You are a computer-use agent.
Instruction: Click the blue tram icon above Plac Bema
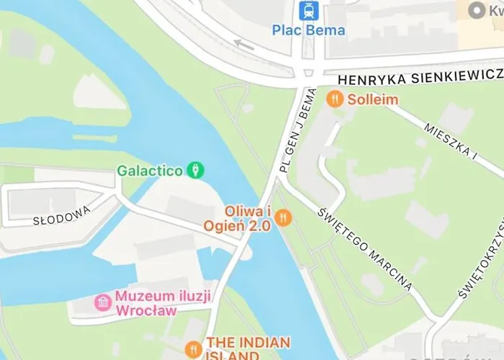[309, 11]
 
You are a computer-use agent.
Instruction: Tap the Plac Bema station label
[309, 30]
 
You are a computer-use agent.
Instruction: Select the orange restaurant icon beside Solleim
[335, 99]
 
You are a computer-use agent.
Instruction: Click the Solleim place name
[373, 99]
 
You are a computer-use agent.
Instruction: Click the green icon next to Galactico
[195, 170]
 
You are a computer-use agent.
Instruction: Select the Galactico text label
[150, 171]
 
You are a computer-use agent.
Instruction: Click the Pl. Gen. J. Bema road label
[297, 130]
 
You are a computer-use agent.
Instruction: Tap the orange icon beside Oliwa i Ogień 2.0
[284, 217]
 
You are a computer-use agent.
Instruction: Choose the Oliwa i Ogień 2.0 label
[247, 218]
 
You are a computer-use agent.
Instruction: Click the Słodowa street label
[63, 215]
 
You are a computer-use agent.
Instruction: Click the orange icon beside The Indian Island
[193, 350]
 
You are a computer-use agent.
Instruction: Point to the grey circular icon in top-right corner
[475, 10]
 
